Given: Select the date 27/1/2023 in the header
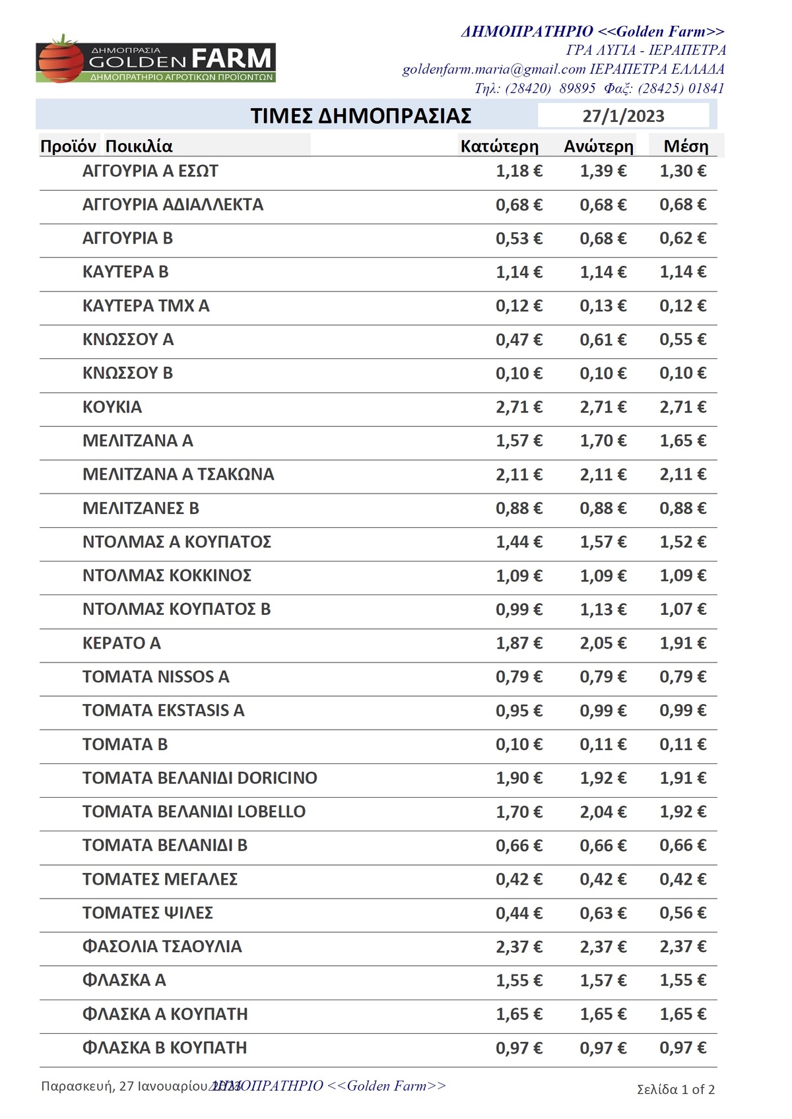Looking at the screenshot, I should [x=623, y=116].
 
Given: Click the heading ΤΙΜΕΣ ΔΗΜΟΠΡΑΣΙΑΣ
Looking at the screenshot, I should [x=360, y=116].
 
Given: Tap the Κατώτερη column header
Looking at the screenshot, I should [x=499, y=146].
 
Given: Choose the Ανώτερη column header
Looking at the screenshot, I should [x=598, y=146].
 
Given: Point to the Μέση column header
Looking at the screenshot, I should [x=686, y=146].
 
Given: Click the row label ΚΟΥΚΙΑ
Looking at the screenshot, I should [x=112, y=407].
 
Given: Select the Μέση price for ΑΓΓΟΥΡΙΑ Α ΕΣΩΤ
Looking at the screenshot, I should [x=682, y=172].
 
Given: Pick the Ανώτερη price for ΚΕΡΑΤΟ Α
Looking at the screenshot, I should [x=603, y=643].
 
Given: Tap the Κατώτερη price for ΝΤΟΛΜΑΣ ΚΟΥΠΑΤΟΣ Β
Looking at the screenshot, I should [x=519, y=610].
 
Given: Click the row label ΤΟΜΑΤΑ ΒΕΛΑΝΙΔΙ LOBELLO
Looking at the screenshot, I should [x=194, y=812].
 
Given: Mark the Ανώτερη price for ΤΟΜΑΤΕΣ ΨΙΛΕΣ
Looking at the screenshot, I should [x=603, y=913].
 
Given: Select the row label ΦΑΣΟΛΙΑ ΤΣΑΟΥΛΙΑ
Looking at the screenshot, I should [x=162, y=947].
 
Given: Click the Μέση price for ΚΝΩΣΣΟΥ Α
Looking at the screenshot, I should [x=682, y=340].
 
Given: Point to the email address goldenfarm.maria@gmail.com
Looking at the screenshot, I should [x=494, y=69].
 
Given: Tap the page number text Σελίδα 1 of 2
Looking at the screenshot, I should [x=675, y=1089].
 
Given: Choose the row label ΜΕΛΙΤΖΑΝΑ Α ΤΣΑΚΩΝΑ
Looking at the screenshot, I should [x=178, y=474].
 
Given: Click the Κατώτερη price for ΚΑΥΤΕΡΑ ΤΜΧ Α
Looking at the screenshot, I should [x=519, y=306].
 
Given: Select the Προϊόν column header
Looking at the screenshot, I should [x=68, y=146].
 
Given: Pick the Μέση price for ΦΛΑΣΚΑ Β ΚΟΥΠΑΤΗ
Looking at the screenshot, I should [x=682, y=1048].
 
